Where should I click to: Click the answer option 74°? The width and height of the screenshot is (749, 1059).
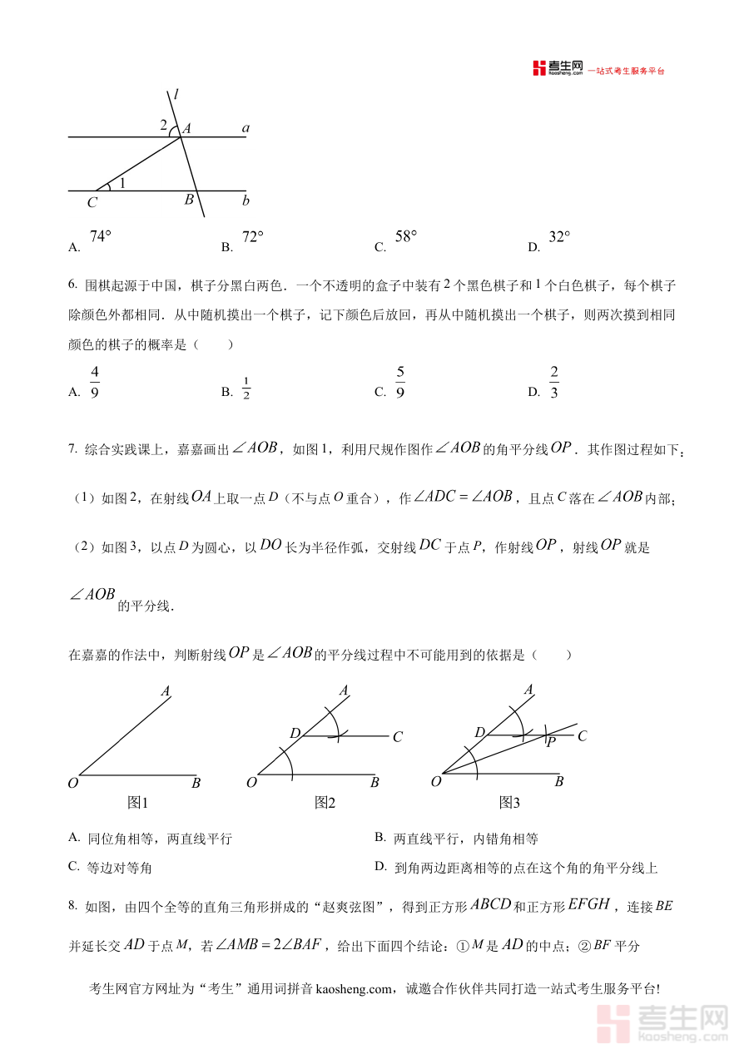click(x=100, y=237)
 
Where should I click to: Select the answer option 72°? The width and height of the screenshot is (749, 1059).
click(x=252, y=237)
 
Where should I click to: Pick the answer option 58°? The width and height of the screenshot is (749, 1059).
click(x=405, y=237)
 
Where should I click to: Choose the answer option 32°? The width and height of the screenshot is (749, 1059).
click(x=559, y=237)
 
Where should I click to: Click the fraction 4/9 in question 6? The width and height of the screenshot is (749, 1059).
click(x=95, y=382)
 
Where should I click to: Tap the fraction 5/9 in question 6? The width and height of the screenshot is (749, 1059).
click(x=400, y=382)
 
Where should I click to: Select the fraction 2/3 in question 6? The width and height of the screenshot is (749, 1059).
click(x=554, y=382)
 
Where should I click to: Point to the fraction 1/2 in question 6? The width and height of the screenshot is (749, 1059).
click(x=246, y=388)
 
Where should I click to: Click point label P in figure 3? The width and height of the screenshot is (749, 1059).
click(x=550, y=741)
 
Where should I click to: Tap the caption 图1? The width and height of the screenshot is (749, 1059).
click(x=137, y=803)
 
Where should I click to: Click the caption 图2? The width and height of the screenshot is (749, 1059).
click(x=325, y=803)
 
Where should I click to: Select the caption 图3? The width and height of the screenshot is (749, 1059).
click(x=509, y=803)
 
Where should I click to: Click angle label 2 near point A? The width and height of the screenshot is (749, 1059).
click(x=164, y=125)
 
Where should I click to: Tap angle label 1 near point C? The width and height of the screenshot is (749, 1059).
click(x=122, y=183)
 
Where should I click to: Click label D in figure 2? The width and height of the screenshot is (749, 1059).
click(x=295, y=733)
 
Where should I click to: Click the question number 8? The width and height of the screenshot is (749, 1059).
click(x=72, y=905)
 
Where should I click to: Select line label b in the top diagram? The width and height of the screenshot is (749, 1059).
click(x=246, y=200)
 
